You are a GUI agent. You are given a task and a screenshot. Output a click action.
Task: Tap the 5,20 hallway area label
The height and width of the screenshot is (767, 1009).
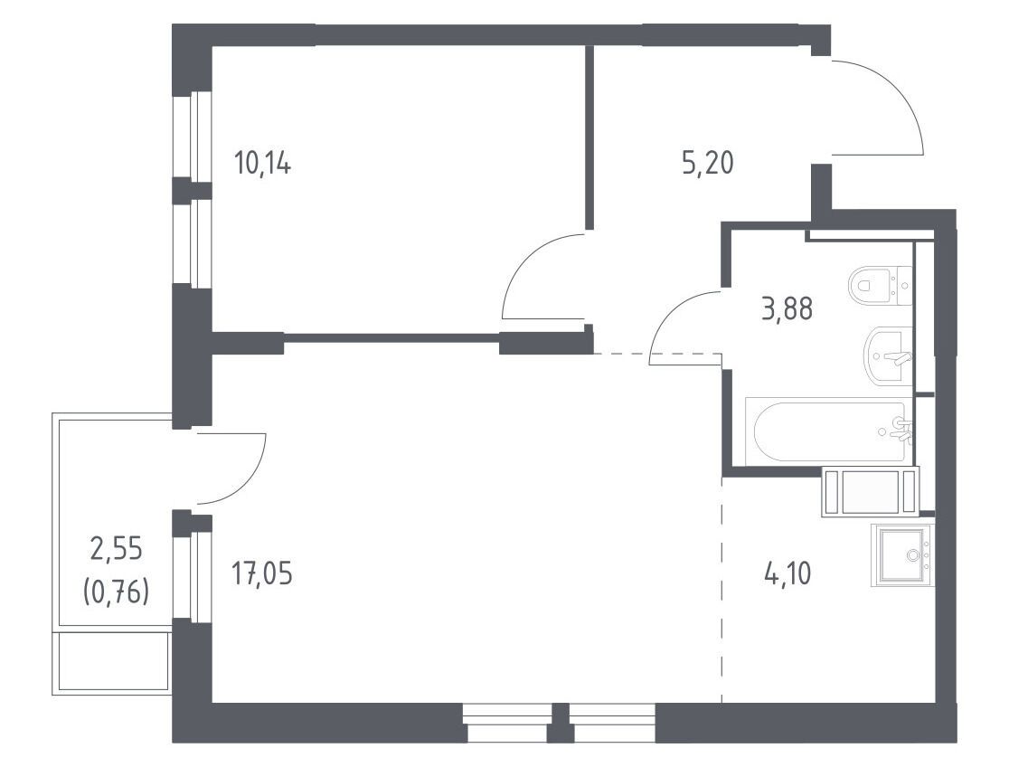click(707, 163)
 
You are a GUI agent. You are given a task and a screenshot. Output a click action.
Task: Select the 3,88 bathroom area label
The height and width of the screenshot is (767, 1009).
click(787, 309)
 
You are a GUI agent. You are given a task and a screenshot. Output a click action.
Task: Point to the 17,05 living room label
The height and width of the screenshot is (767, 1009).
click(262, 573)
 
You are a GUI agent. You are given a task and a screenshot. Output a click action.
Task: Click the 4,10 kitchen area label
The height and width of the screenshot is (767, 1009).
click(787, 573)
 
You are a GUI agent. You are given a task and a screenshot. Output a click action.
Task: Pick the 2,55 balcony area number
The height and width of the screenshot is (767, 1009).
click(117, 551)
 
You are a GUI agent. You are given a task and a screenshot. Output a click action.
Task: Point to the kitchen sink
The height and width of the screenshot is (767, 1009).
click(901, 554)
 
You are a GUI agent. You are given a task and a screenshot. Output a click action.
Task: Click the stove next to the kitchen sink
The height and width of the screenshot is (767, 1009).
click(871, 492)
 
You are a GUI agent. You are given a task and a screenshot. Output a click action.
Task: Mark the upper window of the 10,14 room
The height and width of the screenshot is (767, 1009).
click(202, 134)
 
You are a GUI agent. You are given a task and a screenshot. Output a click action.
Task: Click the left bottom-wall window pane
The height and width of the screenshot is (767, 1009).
click(505, 723)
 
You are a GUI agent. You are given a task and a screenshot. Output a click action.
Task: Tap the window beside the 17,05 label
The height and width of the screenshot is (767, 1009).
click(202, 568)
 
